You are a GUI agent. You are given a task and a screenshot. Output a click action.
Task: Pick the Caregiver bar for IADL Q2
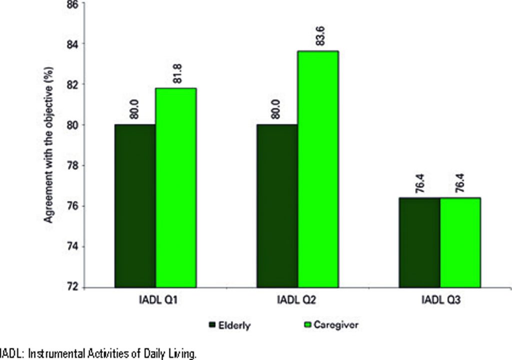318,169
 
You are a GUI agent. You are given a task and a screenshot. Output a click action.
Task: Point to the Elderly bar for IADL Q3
419,242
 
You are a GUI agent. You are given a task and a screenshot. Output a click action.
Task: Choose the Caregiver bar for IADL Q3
460,242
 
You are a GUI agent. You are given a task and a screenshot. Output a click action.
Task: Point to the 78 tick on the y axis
72,165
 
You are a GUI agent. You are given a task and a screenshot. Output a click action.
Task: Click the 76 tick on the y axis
72,206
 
